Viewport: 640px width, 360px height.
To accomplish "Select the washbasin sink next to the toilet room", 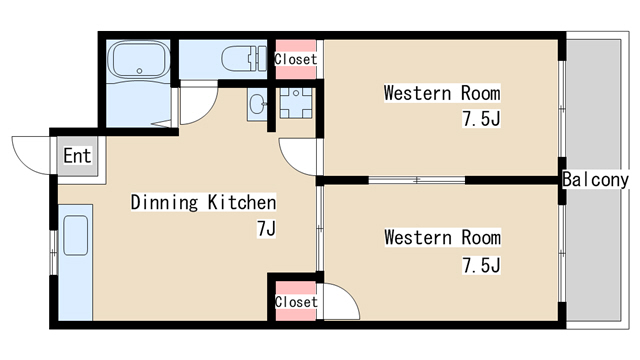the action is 257,104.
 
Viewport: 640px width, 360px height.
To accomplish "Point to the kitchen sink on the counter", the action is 76,236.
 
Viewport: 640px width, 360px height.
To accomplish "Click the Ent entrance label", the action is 77,156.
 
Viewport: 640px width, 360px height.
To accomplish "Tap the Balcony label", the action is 596,180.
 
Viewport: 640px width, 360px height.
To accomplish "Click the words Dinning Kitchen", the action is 203,202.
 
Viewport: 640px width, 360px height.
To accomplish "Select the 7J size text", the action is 266,229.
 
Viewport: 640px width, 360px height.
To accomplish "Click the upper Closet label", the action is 296,59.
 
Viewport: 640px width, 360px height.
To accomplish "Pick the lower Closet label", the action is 296,302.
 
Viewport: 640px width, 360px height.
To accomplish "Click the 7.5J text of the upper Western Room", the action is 481,119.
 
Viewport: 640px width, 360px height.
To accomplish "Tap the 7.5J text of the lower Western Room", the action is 481,265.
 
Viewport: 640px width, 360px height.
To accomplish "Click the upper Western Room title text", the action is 442,93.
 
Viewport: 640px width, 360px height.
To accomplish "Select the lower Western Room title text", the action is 442,238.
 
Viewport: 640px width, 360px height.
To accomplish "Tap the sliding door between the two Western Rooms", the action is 416,180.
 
